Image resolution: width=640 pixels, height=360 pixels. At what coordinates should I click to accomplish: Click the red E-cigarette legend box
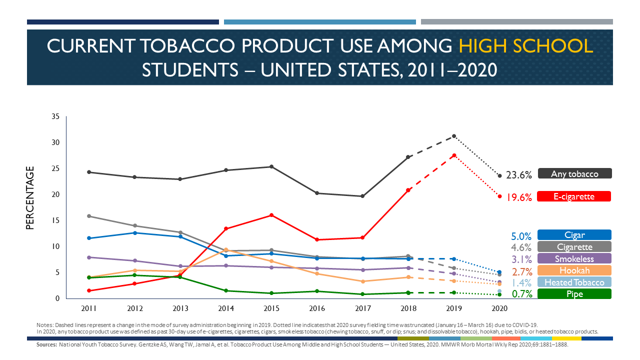click(574, 196)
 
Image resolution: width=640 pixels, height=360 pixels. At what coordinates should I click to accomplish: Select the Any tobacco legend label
click(574, 173)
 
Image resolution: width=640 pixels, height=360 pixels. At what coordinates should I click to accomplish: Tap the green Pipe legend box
click(574, 294)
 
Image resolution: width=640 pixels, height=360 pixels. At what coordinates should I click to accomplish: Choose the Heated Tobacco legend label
click(574, 282)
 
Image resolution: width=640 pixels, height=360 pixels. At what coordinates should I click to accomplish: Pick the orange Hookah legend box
click(574, 270)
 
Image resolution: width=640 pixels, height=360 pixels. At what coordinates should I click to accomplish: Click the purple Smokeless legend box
click(574, 258)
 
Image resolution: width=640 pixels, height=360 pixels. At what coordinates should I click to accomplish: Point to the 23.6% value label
click(518, 175)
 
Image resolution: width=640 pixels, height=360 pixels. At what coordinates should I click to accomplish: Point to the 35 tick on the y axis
click(55, 116)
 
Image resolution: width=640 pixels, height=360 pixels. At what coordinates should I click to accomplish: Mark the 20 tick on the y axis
click(55, 194)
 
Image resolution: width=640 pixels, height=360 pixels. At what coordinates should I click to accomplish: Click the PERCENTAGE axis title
click(30, 198)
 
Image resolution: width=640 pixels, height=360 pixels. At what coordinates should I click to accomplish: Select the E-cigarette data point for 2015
click(271, 215)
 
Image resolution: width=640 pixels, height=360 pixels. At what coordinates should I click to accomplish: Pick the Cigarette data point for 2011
click(89, 216)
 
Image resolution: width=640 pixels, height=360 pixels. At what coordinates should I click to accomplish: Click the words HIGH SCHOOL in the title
click(525, 46)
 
